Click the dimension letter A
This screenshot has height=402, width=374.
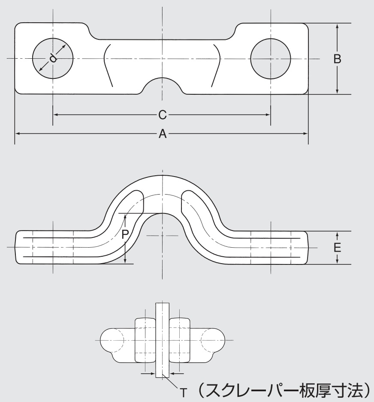click(162, 134)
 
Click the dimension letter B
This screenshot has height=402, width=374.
click(338, 59)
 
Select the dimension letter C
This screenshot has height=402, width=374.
click(162, 115)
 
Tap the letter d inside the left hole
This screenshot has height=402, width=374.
click(53, 58)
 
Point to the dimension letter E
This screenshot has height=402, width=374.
click(338, 248)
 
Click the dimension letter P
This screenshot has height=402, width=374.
click(125, 234)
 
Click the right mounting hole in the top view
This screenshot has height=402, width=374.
click(271, 58)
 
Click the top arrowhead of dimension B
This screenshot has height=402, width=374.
click(338, 26)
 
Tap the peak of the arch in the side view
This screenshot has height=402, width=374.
click(162, 175)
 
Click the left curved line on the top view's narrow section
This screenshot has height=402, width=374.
click(107, 64)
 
